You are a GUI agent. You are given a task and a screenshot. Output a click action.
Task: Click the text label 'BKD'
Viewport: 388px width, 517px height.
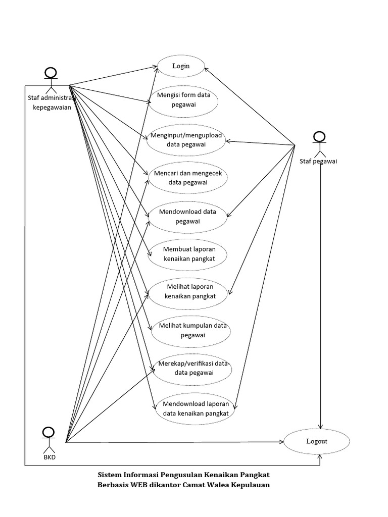[x=50, y=457]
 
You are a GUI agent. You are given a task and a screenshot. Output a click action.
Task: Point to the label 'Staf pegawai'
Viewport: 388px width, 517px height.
[x=318, y=161]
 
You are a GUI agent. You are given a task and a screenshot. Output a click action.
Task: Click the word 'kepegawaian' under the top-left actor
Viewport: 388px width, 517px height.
[x=52, y=107]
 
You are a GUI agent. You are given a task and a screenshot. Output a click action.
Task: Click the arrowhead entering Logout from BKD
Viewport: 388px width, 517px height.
[x=281, y=441]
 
